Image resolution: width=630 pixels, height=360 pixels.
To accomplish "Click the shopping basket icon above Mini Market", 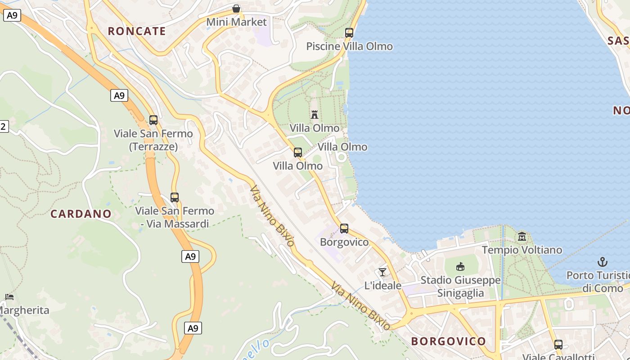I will [236, 9].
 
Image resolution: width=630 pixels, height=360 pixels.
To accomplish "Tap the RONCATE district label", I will [137, 31].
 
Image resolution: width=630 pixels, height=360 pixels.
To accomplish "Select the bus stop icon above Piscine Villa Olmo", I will [349, 32].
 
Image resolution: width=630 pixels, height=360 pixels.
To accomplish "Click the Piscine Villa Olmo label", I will [349, 46].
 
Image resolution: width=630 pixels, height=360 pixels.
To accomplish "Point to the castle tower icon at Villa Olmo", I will [315, 114].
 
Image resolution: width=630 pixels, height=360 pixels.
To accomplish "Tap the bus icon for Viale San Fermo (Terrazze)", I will [153, 120].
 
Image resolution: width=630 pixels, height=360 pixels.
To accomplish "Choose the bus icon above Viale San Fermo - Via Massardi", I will [175, 197].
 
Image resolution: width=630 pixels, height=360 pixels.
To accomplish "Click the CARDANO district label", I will [81, 214].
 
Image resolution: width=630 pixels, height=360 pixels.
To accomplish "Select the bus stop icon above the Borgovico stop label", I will [344, 229].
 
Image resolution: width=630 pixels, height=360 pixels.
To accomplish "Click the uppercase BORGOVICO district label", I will [448, 341].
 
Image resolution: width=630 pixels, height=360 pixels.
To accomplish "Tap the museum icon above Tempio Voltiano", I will [522, 236].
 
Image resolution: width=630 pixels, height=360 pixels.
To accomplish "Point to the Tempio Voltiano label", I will [522, 250].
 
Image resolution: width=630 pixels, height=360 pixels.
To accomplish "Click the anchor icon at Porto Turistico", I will [602, 261].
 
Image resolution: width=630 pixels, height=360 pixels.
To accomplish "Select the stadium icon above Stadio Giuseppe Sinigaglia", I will [460, 267].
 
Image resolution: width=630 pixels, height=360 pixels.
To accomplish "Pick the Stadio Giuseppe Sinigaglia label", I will [461, 287].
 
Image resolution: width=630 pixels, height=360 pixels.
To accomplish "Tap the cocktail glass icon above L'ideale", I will [382, 272].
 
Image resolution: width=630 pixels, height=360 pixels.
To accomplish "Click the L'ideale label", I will [382, 285].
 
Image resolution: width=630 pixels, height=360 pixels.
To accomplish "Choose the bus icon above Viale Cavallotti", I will [558, 345].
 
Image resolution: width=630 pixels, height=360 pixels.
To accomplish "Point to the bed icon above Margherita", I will [9, 297].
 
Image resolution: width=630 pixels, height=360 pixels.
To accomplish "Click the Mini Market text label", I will [236, 22].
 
